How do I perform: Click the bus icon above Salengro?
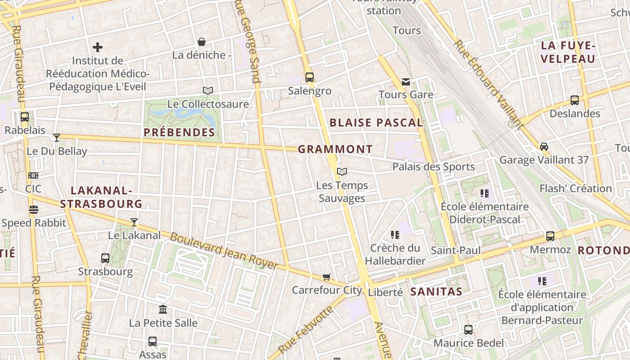(x=309, y=77)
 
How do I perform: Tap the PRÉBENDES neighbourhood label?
(x=180, y=132)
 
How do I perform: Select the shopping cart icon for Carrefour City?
(x=326, y=277)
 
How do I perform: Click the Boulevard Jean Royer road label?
(x=224, y=251)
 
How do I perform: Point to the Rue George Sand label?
(x=247, y=42)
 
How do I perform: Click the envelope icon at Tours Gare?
(x=406, y=81)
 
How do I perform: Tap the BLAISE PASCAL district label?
(x=376, y=122)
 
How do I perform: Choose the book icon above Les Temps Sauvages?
(x=342, y=171)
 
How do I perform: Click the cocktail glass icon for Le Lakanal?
(x=134, y=222)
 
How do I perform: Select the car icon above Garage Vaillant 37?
(x=544, y=146)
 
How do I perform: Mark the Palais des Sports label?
(x=433, y=167)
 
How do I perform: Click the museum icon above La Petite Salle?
(x=163, y=310)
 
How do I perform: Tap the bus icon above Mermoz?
(x=550, y=236)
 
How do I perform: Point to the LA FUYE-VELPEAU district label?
(x=568, y=52)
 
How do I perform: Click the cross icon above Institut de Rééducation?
(x=98, y=47)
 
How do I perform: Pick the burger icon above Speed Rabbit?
(x=33, y=210)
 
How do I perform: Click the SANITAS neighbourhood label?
(x=436, y=292)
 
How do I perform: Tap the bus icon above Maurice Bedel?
(x=468, y=330)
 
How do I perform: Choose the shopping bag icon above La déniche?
(x=202, y=42)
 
